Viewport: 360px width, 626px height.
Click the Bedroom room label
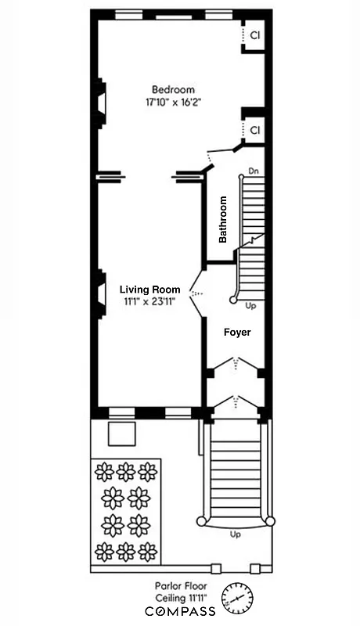173,89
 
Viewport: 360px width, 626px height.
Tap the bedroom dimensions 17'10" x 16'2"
173,102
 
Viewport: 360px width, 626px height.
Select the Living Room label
149,289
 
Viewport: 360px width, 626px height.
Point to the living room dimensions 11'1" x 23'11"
149,301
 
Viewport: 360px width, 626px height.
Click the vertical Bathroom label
223,219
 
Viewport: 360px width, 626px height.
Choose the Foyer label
237,333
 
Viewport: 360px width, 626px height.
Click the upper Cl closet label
255,35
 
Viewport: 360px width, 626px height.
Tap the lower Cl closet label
255,129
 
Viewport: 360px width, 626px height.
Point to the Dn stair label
253,171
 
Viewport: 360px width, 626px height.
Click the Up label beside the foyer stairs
250,305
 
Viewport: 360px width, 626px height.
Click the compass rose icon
238,599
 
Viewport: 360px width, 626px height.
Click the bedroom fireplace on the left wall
100,103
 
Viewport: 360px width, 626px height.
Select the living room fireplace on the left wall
100,294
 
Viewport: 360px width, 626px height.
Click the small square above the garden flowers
122,434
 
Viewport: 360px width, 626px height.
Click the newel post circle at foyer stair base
233,300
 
